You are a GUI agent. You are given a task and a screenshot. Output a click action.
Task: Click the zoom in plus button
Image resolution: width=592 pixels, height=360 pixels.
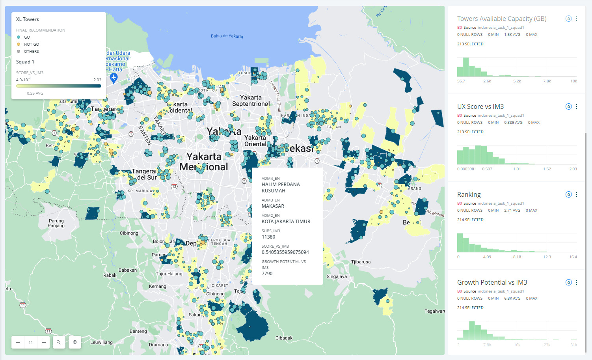point(44,342)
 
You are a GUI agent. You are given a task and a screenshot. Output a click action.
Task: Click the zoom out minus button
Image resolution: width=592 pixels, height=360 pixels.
point(18,342)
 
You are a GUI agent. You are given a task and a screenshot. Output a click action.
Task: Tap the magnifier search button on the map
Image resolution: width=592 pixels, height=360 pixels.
point(59,342)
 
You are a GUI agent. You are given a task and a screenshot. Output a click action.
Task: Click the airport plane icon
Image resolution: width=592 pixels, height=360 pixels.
point(114,78)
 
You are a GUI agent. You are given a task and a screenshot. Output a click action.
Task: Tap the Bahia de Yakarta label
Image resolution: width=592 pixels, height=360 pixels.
point(227,36)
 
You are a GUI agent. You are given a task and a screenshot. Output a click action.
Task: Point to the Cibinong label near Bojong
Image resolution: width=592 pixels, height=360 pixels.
point(129,233)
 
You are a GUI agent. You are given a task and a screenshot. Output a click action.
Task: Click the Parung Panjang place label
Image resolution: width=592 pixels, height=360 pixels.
point(56,223)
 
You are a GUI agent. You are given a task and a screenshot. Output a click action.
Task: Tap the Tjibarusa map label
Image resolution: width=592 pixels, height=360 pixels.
point(361,262)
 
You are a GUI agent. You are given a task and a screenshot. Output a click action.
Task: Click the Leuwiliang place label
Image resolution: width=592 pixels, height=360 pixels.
point(101,342)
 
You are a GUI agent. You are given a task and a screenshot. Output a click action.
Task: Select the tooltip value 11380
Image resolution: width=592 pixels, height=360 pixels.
point(268,237)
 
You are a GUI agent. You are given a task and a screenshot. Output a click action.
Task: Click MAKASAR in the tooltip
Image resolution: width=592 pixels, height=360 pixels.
point(273,206)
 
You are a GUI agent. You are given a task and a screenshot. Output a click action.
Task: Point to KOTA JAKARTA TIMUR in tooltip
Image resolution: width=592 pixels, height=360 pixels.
point(286,222)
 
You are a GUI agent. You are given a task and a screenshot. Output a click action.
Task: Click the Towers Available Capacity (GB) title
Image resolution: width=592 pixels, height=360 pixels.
point(501,19)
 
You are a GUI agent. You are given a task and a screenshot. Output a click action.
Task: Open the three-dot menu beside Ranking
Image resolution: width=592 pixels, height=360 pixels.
point(577,194)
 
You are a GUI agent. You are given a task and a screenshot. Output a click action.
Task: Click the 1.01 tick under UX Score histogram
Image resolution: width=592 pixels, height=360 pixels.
point(517,169)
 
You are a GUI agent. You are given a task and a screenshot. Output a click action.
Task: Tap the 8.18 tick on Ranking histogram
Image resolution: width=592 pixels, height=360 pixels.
point(517,257)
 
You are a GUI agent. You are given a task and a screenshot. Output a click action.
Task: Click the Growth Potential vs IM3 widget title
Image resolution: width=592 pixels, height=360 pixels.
point(492,282)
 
